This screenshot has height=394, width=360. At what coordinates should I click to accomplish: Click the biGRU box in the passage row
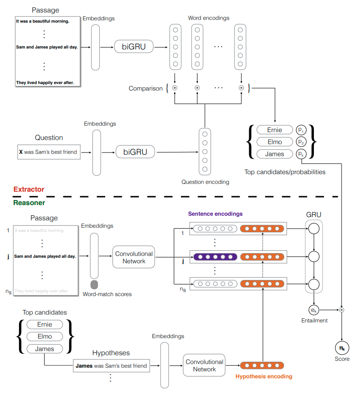pos(134,47)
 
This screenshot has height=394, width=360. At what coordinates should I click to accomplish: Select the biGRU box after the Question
pos(135,152)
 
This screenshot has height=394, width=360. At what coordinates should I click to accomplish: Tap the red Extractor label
pos(29,189)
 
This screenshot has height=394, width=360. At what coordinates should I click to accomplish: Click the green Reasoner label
pos(29,203)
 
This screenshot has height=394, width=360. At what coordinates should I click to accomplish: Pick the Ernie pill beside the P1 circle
pos(275,130)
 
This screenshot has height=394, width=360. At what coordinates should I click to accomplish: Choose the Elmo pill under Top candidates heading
pos(45,336)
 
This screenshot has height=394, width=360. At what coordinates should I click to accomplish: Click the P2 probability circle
pos(301,142)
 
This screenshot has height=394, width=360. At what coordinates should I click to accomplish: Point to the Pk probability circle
pos(301,154)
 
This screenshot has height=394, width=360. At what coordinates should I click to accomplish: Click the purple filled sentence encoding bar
pos(215,257)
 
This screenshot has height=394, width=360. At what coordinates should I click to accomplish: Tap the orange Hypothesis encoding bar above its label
pos(262,365)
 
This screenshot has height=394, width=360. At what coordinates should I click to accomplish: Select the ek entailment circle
pos(314,310)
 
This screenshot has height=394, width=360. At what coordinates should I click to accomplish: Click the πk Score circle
pos(342,348)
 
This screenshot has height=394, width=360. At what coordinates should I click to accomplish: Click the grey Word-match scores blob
pos(94,285)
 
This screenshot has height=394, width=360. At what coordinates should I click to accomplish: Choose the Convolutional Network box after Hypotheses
pos(204,365)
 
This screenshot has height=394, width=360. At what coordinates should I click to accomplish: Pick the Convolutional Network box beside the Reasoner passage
pos(134,257)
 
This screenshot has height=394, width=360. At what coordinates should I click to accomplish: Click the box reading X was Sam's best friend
pos(49,152)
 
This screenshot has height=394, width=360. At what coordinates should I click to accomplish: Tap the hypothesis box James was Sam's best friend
pos(111,366)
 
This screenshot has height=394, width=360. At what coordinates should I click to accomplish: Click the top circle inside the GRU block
pos(314,229)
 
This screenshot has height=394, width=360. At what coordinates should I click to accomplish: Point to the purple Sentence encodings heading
pos(216,214)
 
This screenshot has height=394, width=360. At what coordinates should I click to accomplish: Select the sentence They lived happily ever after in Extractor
pos(45,83)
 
